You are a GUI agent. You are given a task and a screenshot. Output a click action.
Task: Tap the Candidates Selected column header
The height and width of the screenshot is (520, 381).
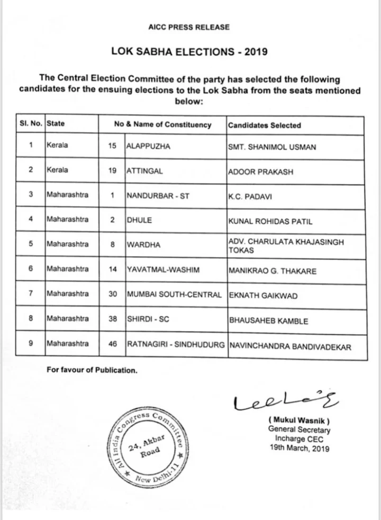(x=264, y=125)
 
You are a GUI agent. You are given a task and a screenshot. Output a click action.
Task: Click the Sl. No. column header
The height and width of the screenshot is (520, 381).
(x=30, y=125)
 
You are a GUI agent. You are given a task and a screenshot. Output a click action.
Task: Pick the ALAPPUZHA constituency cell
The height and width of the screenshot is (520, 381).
(x=149, y=147)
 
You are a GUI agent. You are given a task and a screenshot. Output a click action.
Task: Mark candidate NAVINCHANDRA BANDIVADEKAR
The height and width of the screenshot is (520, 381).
(x=290, y=345)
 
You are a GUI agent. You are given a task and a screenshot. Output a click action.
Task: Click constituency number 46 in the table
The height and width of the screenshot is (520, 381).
(x=112, y=344)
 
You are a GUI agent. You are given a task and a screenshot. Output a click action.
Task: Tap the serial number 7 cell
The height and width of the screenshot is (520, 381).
(x=31, y=294)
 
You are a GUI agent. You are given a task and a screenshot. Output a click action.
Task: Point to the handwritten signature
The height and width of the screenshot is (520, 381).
(x=272, y=402)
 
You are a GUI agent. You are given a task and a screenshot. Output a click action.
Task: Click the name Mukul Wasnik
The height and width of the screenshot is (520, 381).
(x=299, y=421)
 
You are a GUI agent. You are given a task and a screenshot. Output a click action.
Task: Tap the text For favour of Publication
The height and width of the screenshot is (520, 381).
(x=92, y=370)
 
